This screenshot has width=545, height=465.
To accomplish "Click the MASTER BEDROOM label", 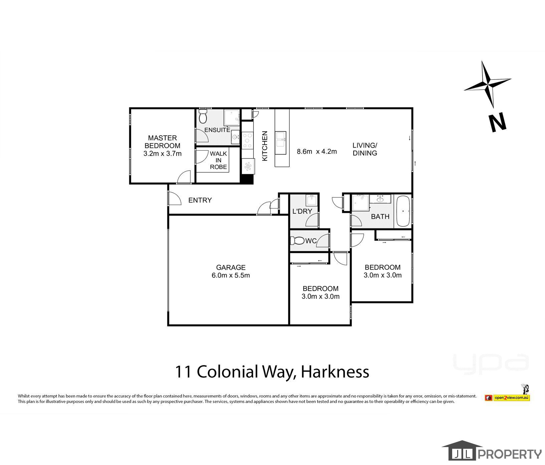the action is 162,142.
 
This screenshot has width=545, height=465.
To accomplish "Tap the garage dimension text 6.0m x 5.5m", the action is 231,275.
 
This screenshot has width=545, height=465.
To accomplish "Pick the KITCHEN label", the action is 265,146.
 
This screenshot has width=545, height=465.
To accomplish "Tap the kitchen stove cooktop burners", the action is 247,140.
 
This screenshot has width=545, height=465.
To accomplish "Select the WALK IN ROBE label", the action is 218,160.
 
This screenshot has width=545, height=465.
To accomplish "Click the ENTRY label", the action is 200,200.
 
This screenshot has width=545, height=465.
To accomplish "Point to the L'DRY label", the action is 302,211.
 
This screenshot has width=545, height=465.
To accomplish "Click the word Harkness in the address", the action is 335,372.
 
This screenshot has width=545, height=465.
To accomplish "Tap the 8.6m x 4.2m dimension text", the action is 317,151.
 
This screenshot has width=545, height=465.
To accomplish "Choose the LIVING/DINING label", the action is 365,149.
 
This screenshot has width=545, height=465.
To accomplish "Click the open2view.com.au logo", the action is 507,397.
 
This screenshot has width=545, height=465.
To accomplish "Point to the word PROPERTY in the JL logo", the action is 510,454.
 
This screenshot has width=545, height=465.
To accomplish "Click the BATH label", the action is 380,216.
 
